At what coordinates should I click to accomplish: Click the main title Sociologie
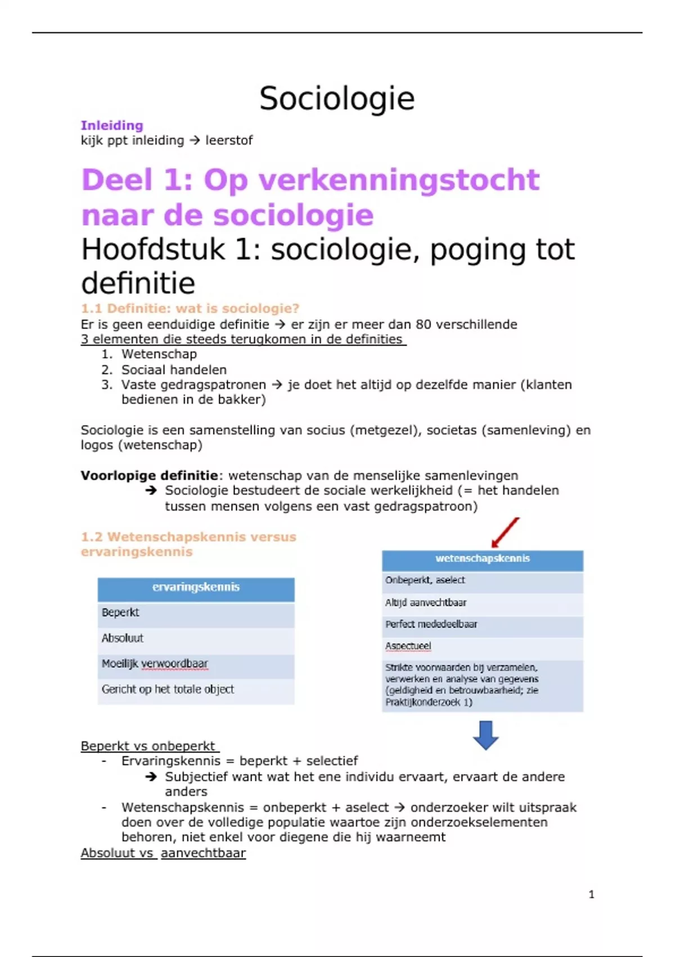click(337, 99)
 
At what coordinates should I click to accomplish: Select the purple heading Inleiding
click(112, 126)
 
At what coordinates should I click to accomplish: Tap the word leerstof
click(229, 140)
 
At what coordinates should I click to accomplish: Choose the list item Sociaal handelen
click(174, 370)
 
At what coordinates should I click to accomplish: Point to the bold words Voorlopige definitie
click(149, 476)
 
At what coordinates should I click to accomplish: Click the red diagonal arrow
click(505, 533)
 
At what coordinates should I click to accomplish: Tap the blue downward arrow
click(485, 735)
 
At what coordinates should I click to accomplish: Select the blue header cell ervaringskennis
click(196, 587)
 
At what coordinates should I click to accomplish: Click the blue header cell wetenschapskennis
click(483, 558)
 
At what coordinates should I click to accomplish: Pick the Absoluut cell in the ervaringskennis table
click(123, 638)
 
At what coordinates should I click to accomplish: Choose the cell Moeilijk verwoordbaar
click(155, 664)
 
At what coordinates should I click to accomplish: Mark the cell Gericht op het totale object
click(168, 689)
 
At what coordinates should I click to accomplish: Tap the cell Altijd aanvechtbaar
click(426, 602)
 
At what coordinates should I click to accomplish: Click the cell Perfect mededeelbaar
click(431, 624)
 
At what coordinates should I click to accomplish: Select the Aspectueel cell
click(408, 646)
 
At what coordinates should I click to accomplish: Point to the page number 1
click(591, 894)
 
